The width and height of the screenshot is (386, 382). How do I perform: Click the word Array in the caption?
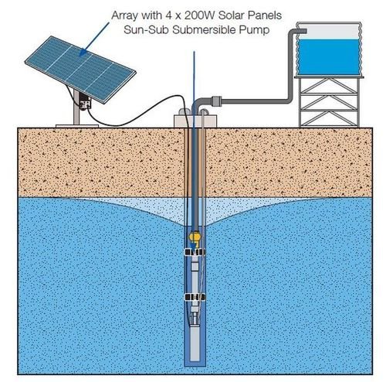point(124,16)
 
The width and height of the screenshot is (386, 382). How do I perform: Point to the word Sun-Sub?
point(146,30)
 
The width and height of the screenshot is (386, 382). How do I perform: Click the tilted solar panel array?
point(80,70)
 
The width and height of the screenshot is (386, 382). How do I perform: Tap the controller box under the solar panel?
point(85,102)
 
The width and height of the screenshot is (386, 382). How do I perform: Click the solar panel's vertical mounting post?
point(76,107)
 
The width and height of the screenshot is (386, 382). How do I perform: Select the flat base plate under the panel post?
point(77,126)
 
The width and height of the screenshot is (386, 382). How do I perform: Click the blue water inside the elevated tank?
point(329,57)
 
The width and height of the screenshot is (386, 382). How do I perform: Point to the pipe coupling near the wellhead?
point(216,101)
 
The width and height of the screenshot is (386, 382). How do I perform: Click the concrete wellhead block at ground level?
point(195,121)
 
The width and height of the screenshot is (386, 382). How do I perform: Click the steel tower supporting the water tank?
point(329,101)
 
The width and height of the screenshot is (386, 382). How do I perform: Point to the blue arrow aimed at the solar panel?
point(94,39)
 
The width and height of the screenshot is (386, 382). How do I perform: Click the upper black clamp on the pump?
point(195,252)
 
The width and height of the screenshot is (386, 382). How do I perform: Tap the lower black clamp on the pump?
point(195,297)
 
